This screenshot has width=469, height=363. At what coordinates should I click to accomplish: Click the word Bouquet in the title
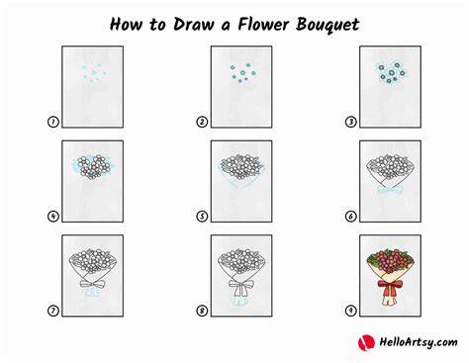click(x=328, y=25)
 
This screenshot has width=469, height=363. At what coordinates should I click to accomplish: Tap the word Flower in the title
click(x=263, y=24)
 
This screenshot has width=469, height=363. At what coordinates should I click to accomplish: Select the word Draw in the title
click(x=194, y=24)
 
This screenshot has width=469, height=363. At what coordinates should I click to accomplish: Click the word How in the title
click(x=127, y=24)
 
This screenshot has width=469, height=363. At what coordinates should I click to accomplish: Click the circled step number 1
click(x=53, y=122)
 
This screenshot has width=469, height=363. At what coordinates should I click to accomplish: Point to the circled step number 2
click(x=202, y=122)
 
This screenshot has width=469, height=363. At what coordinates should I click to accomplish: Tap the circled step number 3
click(x=350, y=122)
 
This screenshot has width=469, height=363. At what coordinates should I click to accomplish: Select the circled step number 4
click(x=53, y=217)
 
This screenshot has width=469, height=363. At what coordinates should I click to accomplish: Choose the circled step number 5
click(x=202, y=217)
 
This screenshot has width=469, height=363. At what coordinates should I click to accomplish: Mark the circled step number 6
click(x=350, y=217)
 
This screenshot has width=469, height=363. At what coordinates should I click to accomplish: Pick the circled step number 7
click(x=53, y=311)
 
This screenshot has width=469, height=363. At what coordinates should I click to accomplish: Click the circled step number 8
click(x=202, y=311)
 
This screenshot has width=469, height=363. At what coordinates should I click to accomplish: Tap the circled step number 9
click(x=350, y=311)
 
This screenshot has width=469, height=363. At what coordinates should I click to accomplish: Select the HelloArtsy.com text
click(x=419, y=342)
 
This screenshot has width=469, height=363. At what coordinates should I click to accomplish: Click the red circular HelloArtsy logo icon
click(x=366, y=342)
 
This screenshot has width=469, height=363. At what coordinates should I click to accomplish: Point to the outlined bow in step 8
click(x=241, y=287)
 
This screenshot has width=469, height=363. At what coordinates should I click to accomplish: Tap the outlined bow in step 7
click(x=93, y=284)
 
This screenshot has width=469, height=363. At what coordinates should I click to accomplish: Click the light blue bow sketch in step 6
click(x=390, y=190)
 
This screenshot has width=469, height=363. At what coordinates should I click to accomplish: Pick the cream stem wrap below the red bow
click(x=390, y=300)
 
